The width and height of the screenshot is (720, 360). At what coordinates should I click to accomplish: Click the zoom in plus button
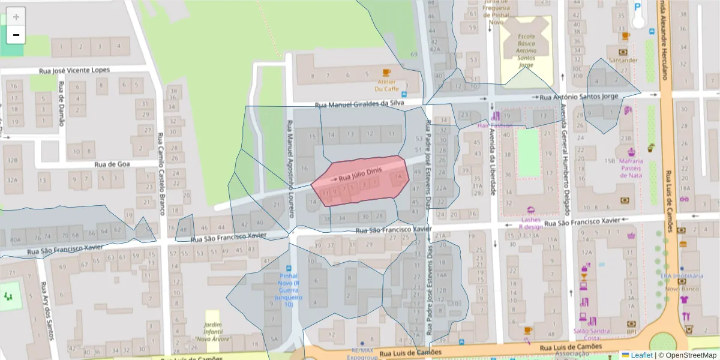pos(16,17)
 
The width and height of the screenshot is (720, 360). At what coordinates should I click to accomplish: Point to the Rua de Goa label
pos(117,164)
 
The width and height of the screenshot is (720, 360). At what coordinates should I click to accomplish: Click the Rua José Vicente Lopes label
pos(74,70)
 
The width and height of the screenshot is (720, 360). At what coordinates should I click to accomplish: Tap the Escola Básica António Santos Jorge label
pos(526,50)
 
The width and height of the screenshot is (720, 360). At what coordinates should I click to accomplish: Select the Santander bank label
pos(623,60)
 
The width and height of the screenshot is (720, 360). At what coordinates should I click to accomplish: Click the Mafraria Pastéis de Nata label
pos(631,168)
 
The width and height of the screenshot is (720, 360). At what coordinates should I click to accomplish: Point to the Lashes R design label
pos(530,223)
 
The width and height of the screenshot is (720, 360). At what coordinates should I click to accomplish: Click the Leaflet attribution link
pos(641,355)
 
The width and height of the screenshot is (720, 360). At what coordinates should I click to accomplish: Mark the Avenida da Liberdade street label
pos(492,163)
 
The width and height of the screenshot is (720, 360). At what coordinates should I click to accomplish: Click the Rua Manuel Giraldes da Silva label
pos(360,104)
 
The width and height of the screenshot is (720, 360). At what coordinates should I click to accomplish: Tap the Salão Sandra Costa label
pos(591,335)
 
